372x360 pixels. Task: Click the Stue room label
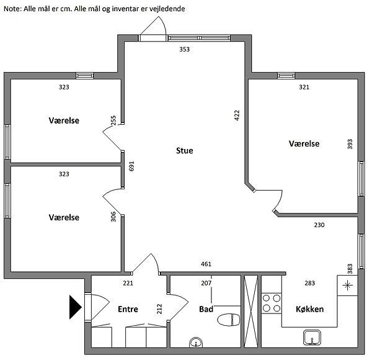[185, 151]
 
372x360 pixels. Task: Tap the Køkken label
[309, 309]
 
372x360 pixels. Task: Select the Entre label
[128, 309]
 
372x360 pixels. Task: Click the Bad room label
[206, 309]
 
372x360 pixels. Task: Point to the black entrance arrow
[76, 307]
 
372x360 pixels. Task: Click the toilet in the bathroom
[229, 320]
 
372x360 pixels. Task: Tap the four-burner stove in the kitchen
[272, 304]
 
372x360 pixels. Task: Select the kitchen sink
[312, 337]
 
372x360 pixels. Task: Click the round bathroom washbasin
[196, 342]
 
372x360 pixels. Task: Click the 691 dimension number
[131, 166]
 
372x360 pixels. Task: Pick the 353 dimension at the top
[184, 50]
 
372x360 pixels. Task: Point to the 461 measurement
[206, 264]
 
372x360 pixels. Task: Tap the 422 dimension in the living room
[237, 115]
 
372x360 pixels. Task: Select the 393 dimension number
[350, 144]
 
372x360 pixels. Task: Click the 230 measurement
[319, 225]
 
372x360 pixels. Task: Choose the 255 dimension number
[113, 120]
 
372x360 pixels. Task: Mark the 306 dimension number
[113, 217]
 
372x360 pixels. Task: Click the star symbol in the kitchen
[347, 285]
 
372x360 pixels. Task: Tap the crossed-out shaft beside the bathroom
[250, 312]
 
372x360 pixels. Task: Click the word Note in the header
[12, 9]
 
